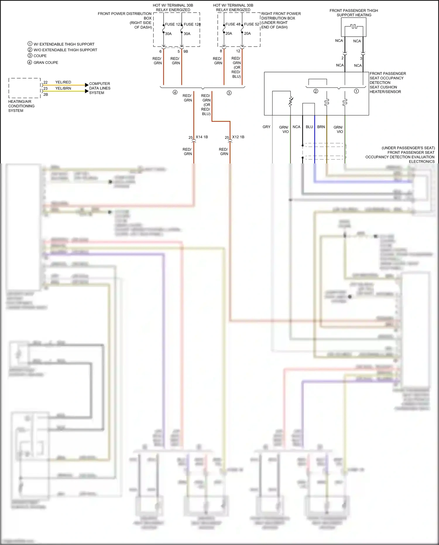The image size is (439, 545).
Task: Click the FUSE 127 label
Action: [x=173, y=24]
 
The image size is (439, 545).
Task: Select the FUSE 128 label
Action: [x=192, y=24]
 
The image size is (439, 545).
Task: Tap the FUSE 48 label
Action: [x=233, y=24]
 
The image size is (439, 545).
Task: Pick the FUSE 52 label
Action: [x=252, y=24]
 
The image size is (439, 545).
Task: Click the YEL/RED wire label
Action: [x=63, y=82]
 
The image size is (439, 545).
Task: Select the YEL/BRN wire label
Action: [x=63, y=88]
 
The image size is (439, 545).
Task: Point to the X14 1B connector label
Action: [x=202, y=137]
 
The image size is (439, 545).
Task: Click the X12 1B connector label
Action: [x=238, y=137]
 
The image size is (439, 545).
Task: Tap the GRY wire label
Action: [x=266, y=127]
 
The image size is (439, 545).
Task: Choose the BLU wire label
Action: [x=309, y=127]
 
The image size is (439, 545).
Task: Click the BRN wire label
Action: [x=321, y=127]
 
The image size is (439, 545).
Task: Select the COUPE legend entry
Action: [x=40, y=56]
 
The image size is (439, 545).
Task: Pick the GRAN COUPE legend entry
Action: [x=46, y=62]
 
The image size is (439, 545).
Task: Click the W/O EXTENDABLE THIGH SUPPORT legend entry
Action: [x=65, y=50]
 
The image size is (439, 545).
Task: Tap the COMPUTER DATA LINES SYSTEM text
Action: [x=100, y=88]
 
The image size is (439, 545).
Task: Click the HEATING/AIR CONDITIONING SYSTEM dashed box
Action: [x=24, y=88]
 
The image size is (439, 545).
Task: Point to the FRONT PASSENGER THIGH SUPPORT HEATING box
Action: [x=354, y=27]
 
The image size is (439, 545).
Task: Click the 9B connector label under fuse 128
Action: [x=186, y=52]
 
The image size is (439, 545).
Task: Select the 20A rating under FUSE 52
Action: [x=247, y=33]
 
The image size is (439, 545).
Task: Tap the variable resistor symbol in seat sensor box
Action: [x=291, y=102]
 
